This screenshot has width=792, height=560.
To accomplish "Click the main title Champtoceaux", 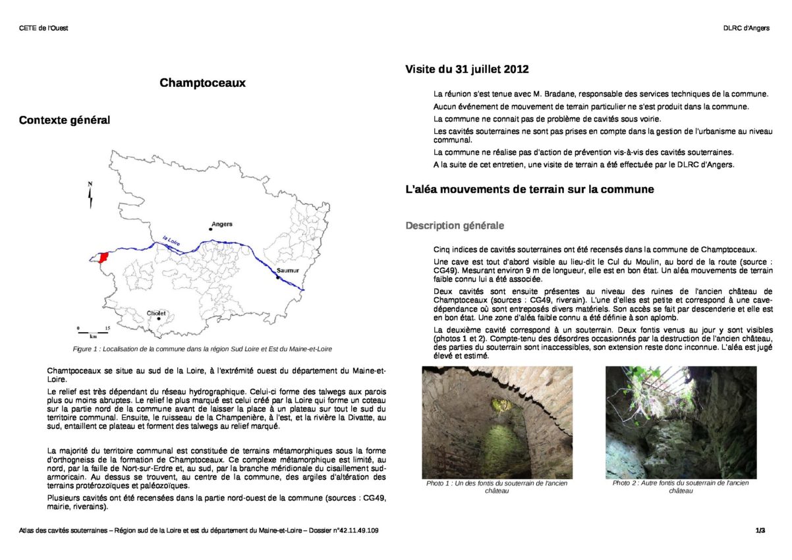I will point(202,83).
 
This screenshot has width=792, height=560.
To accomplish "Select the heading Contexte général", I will point(65,120).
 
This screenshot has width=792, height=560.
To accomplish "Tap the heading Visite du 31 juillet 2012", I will point(467,69).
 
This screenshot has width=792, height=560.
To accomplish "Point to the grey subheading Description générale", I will point(455,225).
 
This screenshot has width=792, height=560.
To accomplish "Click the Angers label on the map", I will point(222,224).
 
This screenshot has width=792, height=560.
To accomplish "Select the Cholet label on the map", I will point(156,313).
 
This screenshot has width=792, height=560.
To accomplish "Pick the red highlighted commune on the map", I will point(102,257).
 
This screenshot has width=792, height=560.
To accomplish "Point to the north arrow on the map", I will point(91,194).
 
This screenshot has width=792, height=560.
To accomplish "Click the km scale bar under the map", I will point(93,330).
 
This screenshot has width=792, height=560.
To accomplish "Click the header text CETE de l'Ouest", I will point(43,28).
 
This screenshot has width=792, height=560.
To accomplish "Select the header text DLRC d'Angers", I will point(746,28).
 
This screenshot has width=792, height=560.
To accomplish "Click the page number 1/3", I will point(760,530).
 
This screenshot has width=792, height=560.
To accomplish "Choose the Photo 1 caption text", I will point(497,487).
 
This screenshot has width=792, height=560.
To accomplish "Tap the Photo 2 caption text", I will point(681,486).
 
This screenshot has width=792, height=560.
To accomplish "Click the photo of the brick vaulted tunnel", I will point(497,422).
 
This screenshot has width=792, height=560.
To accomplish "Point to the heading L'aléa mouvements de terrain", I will point(530,190).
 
